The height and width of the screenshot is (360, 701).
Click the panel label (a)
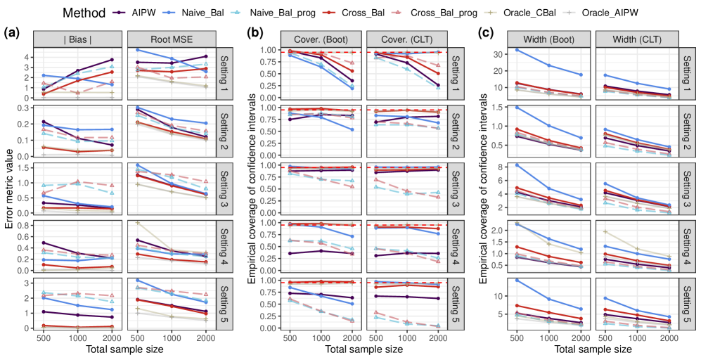[x=12, y=32]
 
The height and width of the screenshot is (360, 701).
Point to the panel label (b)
[x=253, y=32]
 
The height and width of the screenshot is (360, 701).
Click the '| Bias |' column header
[x=74, y=39]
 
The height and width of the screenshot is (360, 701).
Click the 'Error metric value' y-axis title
[x=8, y=190]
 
